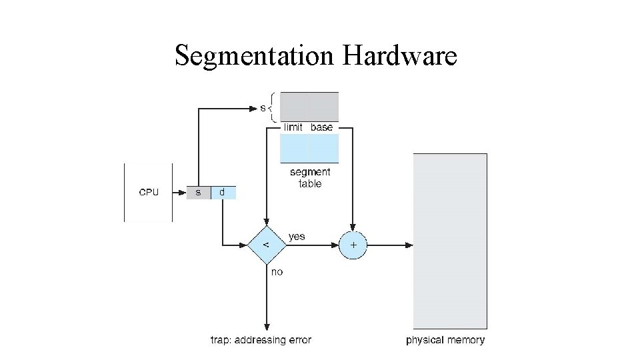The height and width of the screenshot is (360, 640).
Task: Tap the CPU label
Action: [x=149, y=193]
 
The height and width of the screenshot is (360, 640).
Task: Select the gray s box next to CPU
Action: [x=198, y=193]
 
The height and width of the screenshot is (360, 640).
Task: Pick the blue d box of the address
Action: [x=223, y=193]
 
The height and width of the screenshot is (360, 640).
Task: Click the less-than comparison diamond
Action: [x=267, y=245]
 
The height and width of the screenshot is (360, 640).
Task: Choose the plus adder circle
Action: [x=353, y=245]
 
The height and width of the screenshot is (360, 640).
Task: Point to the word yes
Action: [x=297, y=236]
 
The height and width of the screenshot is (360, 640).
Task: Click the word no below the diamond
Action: [x=277, y=272]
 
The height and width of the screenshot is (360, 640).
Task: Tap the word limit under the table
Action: [x=293, y=127]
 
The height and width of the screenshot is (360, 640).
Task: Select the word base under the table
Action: [x=321, y=127]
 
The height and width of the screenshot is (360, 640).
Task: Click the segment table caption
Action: [x=310, y=178]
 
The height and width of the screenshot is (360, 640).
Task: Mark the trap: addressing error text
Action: [x=261, y=340]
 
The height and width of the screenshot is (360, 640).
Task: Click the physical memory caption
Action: [x=445, y=340]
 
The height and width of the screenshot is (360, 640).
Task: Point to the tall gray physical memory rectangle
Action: [x=450, y=240]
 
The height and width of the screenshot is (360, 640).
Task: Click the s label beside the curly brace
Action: [x=263, y=107]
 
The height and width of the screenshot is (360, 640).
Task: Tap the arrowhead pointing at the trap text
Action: [x=267, y=326]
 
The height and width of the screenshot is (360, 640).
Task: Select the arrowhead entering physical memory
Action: [x=409, y=245]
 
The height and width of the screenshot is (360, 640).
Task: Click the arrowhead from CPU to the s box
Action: [x=182, y=193]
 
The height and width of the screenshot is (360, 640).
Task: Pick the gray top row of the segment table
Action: [x=309, y=107]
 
